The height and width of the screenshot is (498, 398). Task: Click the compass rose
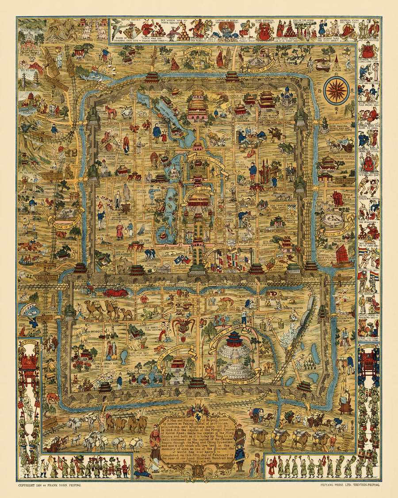[337, 90]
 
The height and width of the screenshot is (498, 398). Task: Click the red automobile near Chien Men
[115, 293]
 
